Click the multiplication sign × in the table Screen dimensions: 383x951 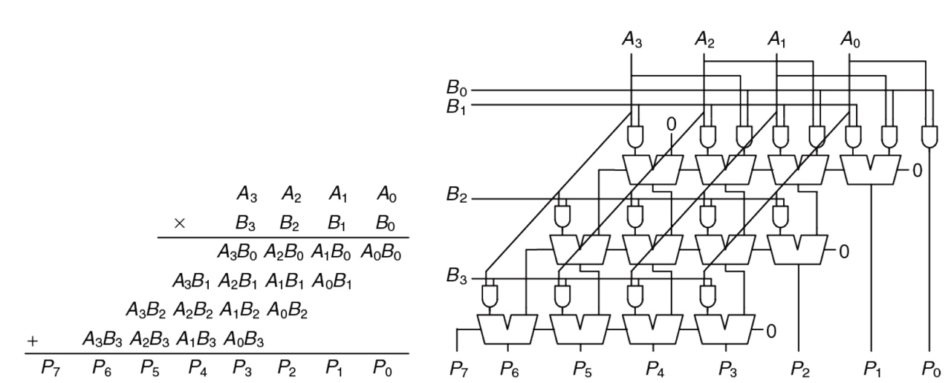179,221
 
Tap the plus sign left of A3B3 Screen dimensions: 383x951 33,341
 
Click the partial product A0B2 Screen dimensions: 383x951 288,311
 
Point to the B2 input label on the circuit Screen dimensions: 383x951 455,199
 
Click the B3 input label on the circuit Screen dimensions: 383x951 455,278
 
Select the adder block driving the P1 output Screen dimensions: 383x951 870,170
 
